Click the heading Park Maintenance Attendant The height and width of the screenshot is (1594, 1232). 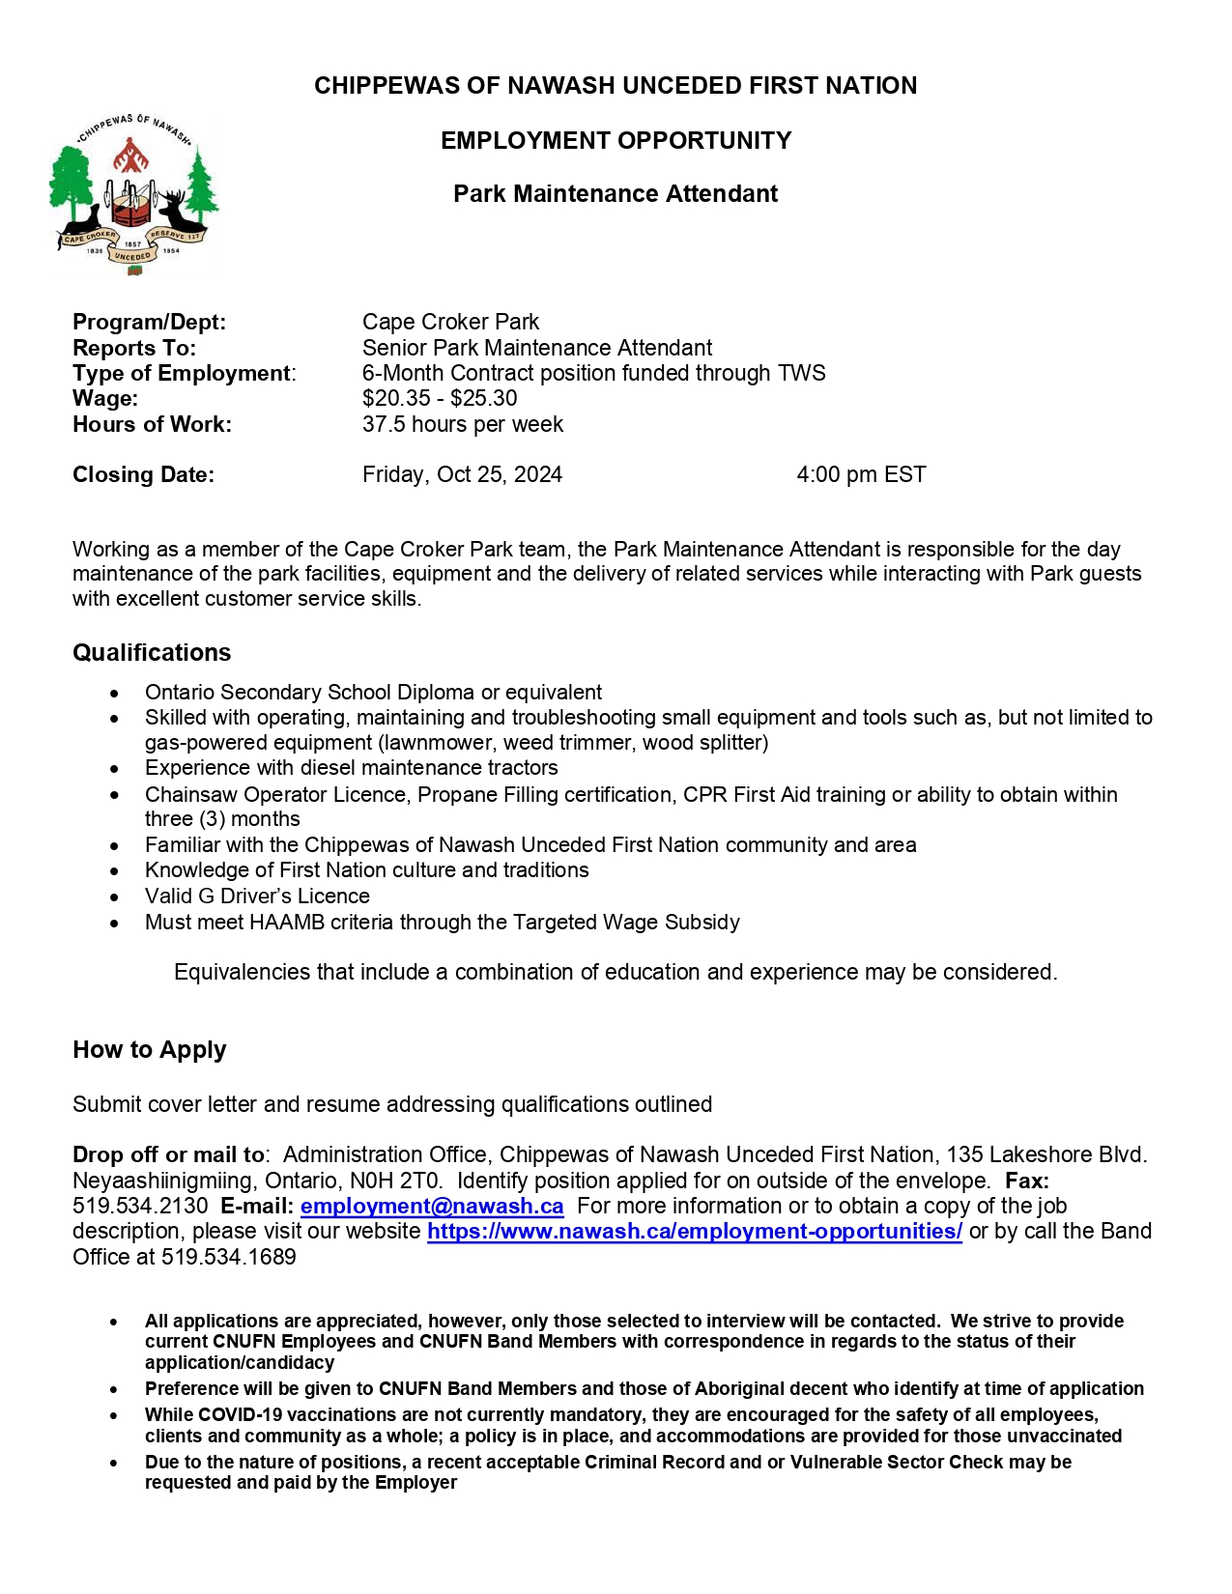616,194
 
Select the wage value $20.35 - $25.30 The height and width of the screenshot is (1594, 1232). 440,399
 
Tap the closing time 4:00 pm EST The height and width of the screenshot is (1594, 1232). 861,475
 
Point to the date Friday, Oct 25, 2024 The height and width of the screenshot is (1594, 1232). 462,475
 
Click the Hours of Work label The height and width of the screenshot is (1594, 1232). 152,425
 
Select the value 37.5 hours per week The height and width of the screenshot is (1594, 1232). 462,425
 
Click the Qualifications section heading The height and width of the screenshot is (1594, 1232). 152,653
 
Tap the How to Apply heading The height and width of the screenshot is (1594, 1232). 149,1050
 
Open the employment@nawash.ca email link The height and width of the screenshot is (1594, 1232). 432,1207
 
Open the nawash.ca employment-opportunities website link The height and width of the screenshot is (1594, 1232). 694,1232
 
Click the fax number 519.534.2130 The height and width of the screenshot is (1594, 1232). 140,1207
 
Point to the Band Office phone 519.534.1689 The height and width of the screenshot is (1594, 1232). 228,1258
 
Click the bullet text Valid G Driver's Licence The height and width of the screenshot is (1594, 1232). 257,897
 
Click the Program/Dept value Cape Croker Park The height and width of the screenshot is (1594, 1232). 450,323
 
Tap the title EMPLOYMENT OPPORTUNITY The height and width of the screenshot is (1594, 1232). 616,141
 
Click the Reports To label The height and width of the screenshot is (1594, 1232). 134,349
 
